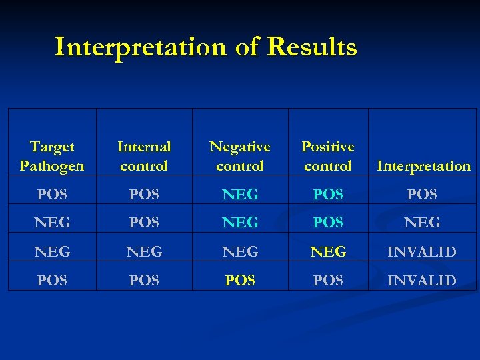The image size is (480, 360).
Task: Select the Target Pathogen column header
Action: click(x=52, y=156)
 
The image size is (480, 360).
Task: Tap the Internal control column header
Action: click(x=144, y=156)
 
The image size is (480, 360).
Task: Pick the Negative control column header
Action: click(x=240, y=156)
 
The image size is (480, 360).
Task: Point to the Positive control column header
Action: click(x=328, y=156)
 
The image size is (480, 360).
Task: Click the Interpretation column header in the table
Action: click(x=423, y=166)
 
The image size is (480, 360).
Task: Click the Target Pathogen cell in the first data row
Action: click(x=52, y=195)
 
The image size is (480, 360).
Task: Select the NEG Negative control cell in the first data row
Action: click(x=240, y=195)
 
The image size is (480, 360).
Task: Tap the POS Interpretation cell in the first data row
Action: click(x=423, y=195)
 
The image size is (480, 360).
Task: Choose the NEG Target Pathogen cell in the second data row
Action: click(x=52, y=223)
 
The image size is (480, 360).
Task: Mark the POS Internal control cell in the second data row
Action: click(x=144, y=223)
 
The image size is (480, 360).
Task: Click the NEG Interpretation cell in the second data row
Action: click(x=423, y=223)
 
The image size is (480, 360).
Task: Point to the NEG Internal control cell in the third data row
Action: click(x=144, y=251)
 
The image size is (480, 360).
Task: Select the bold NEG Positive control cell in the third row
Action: click(x=328, y=251)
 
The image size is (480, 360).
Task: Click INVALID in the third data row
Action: click(x=423, y=251)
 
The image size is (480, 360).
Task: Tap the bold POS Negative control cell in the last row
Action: click(x=240, y=281)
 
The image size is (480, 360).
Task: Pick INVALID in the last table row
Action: click(x=423, y=281)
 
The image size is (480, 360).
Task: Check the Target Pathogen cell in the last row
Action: click(x=52, y=281)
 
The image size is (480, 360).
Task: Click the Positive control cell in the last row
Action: click(x=328, y=281)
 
